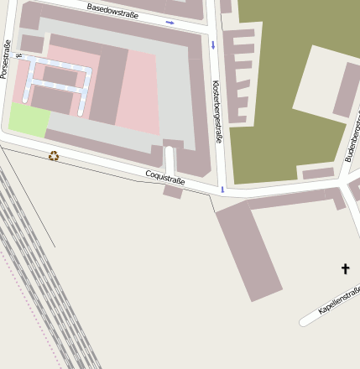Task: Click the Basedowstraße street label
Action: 112,9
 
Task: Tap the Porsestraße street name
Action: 6,60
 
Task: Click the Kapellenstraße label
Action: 340,300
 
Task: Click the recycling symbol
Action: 54,155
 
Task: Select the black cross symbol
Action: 345,268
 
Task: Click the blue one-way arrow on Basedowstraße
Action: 170,22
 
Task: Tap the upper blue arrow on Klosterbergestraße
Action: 213,44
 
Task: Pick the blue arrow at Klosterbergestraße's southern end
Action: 222,190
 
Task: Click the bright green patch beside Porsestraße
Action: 28,119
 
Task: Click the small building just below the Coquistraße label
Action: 173,191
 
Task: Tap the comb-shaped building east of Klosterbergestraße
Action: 238,75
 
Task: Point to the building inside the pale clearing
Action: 347,89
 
